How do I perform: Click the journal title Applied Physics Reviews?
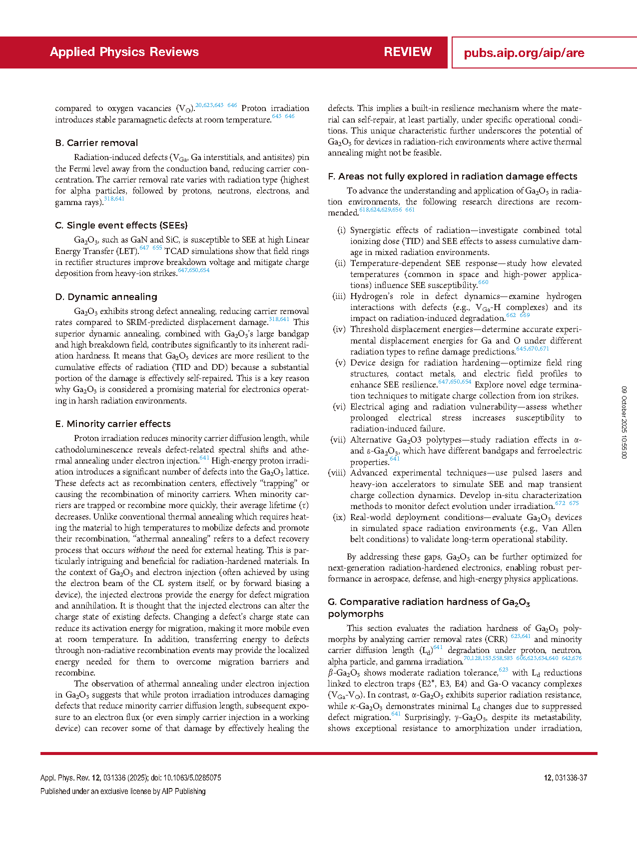124,52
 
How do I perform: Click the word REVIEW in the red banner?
408,52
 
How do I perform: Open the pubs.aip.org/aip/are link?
524,53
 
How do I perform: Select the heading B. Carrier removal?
96,143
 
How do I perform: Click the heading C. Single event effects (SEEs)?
121,225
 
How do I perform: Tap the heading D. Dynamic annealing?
106,297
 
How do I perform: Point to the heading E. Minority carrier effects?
113,424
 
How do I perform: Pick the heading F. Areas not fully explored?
452,176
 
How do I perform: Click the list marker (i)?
341,230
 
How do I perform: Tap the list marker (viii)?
337,473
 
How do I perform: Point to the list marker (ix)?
339,517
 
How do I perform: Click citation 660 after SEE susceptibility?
483,282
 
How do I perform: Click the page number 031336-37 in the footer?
571,778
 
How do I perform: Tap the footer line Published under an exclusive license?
123,791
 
